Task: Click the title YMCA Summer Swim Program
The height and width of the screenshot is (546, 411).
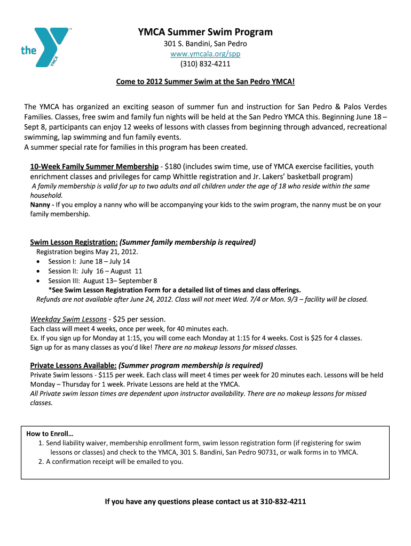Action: coord(205,32)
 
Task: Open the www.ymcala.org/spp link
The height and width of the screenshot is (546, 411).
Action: coord(205,54)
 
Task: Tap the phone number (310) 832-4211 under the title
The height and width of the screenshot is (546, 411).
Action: coord(205,64)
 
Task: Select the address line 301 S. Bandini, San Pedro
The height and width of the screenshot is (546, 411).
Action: coord(205,44)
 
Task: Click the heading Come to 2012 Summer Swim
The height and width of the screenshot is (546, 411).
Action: coord(205,83)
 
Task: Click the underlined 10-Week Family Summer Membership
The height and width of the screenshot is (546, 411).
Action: coord(94,166)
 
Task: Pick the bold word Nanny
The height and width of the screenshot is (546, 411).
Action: coord(41,204)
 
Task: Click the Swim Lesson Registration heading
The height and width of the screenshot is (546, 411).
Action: coord(74,242)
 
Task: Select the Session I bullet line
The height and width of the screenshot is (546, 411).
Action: coord(89,261)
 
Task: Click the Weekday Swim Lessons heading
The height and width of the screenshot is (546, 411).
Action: coord(68,319)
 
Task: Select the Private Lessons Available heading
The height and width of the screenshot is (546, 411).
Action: coord(74,365)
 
